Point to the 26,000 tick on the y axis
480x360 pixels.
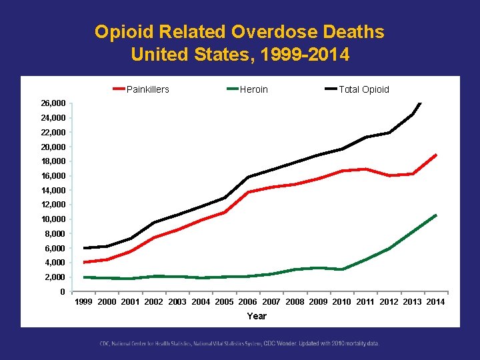[x=53, y=104]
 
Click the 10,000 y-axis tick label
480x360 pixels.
[x=53, y=219]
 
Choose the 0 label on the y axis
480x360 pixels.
[x=62, y=291]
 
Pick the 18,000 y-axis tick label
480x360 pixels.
[x=53, y=161]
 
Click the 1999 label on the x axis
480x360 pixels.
[x=84, y=302]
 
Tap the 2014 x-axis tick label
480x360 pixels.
[x=435, y=302]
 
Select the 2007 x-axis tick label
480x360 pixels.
[x=271, y=302]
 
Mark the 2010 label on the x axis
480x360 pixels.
[x=341, y=302]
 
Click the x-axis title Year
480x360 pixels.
[x=257, y=316]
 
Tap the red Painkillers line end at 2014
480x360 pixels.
[x=435, y=155]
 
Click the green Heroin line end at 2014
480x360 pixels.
[x=435, y=215]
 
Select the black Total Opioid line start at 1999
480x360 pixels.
[x=84, y=248]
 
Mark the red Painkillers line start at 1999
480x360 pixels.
[x=84, y=262]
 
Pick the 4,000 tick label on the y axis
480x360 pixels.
[x=55, y=263]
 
